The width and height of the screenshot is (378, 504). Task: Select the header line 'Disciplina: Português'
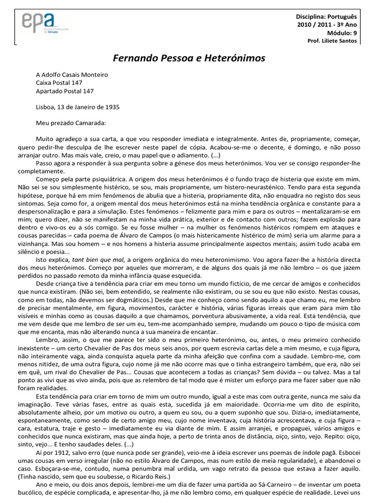coord(325,16)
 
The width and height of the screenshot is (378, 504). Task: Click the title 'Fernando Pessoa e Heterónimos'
coord(189,58)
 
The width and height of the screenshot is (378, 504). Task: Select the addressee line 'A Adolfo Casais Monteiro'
coord(72,75)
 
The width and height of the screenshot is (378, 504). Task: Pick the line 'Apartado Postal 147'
coord(64,91)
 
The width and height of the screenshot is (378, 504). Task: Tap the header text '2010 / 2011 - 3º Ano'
coord(328,24)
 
